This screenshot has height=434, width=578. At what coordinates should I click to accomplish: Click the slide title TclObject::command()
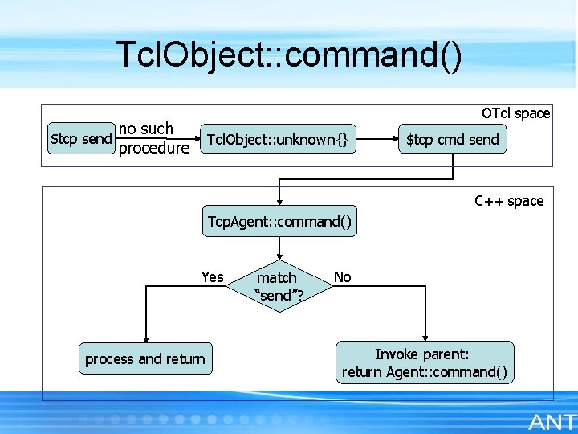pyautogui.click(x=289, y=55)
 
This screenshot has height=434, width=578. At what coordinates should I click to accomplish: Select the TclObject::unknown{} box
pyautogui.click(x=278, y=140)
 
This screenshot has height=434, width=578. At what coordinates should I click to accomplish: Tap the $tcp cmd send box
pyautogui.click(x=452, y=140)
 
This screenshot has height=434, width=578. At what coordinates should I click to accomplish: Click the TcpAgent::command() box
pyautogui.click(x=279, y=221)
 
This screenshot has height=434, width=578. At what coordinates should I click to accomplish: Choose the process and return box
pyautogui.click(x=145, y=359)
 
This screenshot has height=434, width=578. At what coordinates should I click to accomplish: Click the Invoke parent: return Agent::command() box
pyautogui.click(x=425, y=362)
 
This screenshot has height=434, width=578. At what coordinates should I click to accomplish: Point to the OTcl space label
pyautogui.click(x=515, y=113)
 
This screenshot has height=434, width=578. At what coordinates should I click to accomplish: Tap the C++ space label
pyautogui.click(x=509, y=201)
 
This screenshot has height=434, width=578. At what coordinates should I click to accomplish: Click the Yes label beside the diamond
pyautogui.click(x=213, y=277)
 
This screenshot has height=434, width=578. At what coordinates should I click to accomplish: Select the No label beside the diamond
pyautogui.click(x=343, y=277)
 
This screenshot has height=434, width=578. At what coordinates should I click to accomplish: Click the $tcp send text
pyautogui.click(x=80, y=139)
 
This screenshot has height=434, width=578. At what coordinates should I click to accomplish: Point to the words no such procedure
pyautogui.click(x=153, y=138)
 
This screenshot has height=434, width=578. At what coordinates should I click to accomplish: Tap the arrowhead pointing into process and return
pyautogui.click(x=145, y=338)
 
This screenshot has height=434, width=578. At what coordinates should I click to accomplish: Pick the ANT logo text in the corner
pyautogui.click(x=551, y=422)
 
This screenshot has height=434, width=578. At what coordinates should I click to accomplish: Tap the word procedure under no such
pyautogui.click(x=153, y=149)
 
